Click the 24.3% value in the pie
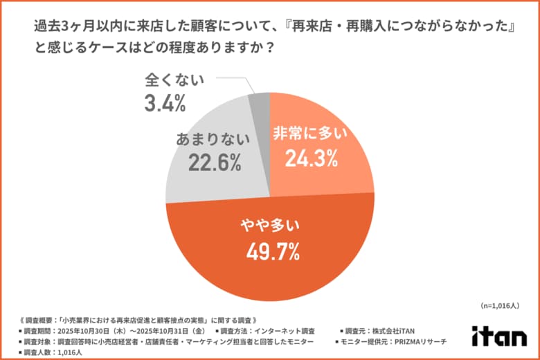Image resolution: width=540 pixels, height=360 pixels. tap(311, 160)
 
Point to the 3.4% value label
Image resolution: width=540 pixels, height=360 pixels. tap(165, 105)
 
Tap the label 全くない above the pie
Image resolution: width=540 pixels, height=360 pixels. tap(174, 80)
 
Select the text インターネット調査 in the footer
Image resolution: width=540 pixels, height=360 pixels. tap(286, 331)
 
